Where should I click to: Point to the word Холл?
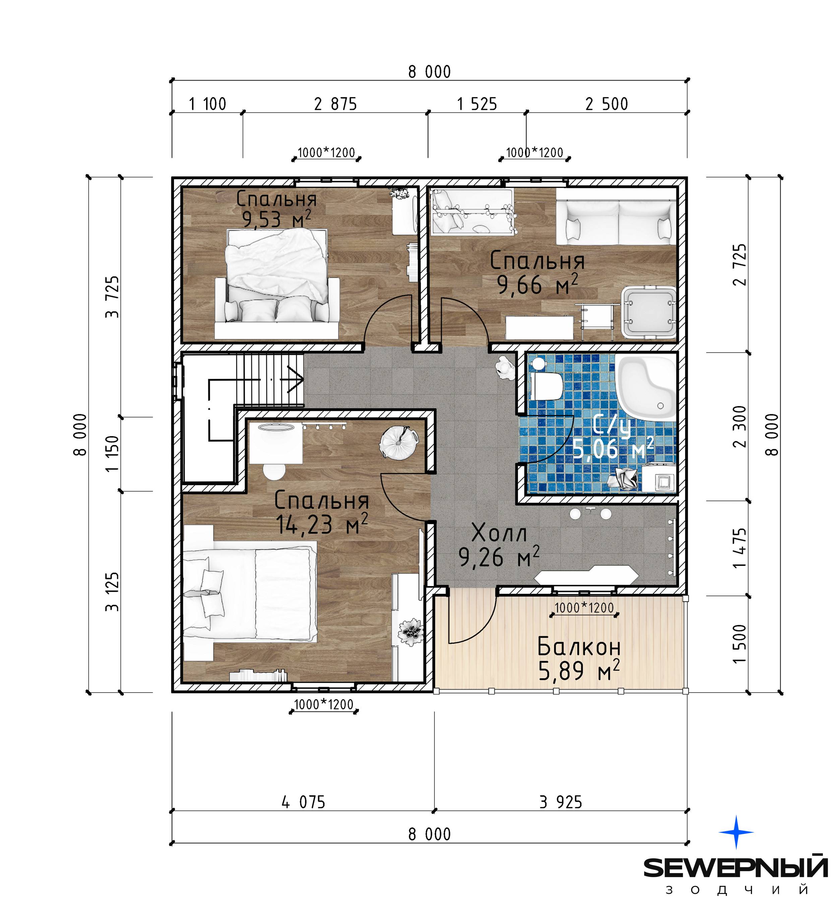coord(499,533)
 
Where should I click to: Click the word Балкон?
coord(579,647)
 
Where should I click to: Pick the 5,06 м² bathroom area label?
coord(613,449)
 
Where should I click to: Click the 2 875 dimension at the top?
coord(335,104)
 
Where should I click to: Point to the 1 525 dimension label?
coord(477,104)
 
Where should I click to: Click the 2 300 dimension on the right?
coord(739,427)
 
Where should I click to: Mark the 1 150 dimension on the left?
coord(112,454)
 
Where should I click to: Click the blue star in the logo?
coord(736,832)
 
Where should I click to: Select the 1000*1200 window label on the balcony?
coord(584,607)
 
